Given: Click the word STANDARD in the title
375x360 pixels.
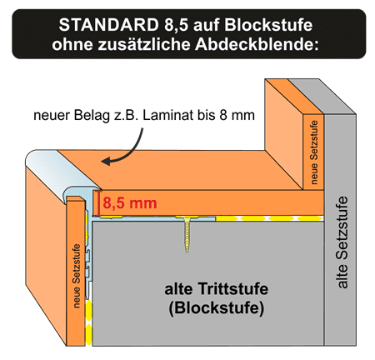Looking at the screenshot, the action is coord(108,25).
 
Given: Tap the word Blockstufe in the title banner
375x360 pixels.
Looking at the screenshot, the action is coord(268,25).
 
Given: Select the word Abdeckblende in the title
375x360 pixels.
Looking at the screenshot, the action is coord(257,44).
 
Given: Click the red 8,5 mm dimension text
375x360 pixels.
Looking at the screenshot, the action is coord(130,203).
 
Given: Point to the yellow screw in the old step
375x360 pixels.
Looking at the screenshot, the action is coord(187,233).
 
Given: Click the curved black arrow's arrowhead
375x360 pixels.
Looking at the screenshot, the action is coord(106,161).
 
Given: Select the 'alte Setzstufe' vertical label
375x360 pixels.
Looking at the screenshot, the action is coord(342,242).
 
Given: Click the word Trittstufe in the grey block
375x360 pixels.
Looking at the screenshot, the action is coord(233,289).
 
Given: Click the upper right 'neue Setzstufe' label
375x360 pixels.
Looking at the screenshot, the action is coord(313,152).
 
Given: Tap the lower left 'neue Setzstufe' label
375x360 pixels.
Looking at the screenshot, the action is coord(76,276).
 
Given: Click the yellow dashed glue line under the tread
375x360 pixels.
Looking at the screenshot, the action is coord(269,218).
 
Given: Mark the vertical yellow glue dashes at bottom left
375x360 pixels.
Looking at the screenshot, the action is coord(88,322).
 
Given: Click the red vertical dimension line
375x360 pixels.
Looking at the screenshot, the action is coord(99,203).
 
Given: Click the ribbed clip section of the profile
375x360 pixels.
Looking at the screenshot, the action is coord(88,264).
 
